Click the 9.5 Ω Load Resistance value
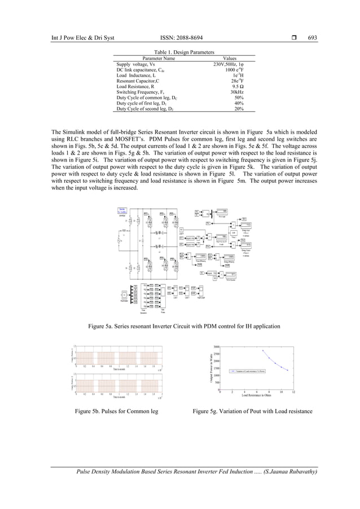238,86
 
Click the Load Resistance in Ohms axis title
253,394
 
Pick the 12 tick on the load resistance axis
293,390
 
